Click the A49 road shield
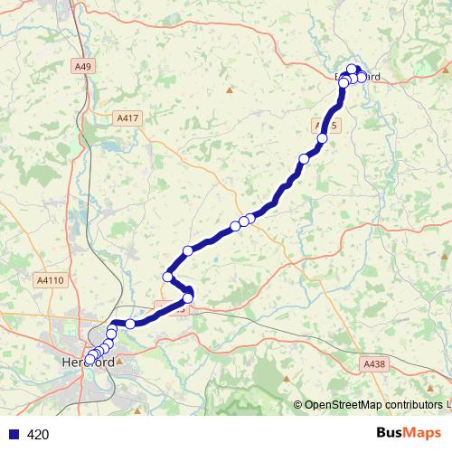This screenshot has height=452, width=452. point(82,65)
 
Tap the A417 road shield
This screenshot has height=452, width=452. point(128,118)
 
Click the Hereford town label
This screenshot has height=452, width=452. point(88,363)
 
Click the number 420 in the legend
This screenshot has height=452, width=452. point(38,435)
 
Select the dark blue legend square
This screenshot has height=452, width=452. point(12,435)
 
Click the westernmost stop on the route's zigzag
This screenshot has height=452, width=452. point(167,277)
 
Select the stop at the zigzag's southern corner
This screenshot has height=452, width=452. point(188,297)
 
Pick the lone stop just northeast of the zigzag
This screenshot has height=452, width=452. point(188,250)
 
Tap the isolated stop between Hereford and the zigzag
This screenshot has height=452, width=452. point(130,324)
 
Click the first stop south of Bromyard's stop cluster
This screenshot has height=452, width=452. point(321,138)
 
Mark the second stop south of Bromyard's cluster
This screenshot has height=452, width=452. point(304,158)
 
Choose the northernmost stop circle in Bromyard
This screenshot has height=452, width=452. point(352,69)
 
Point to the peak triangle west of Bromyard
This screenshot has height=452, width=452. point(230,89)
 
